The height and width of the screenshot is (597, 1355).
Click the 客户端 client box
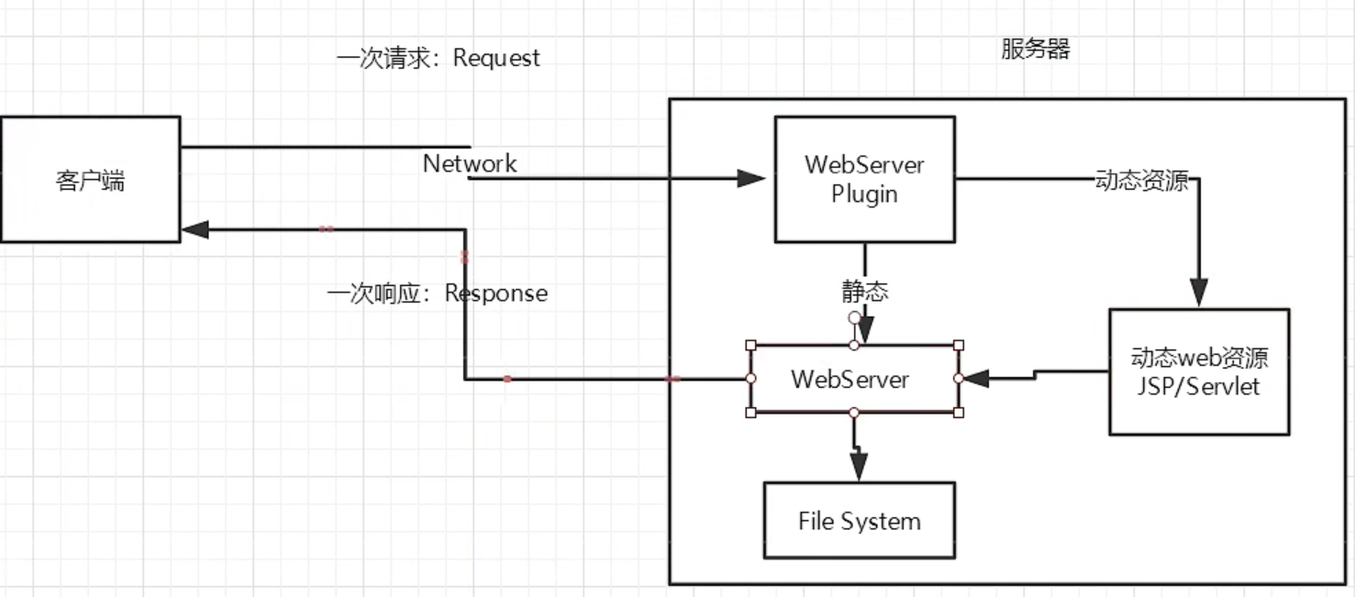pyautogui.click(x=90, y=180)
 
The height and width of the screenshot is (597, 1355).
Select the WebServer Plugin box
pyautogui.click(x=864, y=179)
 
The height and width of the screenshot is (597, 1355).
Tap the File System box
pyautogui.click(x=859, y=521)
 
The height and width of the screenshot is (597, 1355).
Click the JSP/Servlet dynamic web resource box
pyautogui.click(x=1198, y=371)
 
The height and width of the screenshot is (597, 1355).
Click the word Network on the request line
pyautogui.click(x=470, y=163)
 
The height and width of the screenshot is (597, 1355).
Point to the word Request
pyautogui.click(x=496, y=58)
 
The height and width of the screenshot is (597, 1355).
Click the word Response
pyautogui.click(x=496, y=293)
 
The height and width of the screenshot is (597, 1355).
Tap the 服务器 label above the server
pyautogui.click(x=1035, y=49)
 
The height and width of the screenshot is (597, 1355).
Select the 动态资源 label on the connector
pyautogui.click(x=1141, y=180)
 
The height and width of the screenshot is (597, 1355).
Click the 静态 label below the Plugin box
pyautogui.click(x=865, y=292)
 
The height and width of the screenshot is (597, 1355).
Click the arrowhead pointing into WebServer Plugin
pyautogui.click(x=752, y=178)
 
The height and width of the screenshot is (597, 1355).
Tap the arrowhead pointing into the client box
pyautogui.click(x=194, y=229)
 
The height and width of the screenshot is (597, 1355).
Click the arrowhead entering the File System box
pyautogui.click(x=858, y=467)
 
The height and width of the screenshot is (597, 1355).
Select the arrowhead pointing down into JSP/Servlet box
pyautogui.click(x=1198, y=293)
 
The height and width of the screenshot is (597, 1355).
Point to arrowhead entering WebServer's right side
pyautogui.click(x=974, y=378)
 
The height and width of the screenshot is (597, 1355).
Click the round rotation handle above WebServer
pyautogui.click(x=854, y=317)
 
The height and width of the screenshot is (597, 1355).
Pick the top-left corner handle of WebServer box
pyautogui.click(x=751, y=346)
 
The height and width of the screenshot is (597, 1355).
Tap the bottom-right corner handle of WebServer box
pyautogui.click(x=959, y=413)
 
